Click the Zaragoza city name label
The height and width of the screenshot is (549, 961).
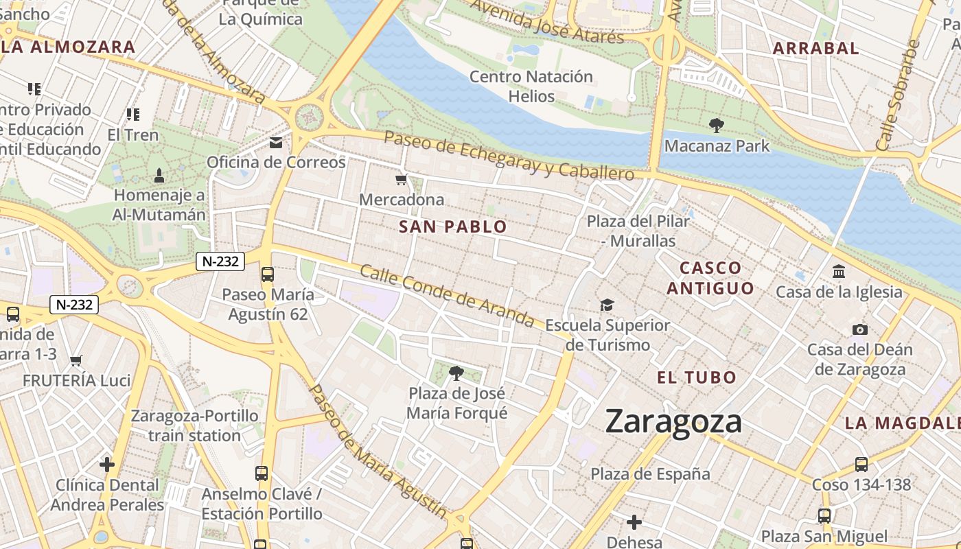point(673,421)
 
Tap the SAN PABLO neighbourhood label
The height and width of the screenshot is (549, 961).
point(453,227)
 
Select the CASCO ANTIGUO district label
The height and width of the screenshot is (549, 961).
point(710,278)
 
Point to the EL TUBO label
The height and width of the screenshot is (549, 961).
point(696,377)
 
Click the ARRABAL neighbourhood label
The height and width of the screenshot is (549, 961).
point(815,49)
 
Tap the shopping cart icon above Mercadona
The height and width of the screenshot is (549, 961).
point(402,180)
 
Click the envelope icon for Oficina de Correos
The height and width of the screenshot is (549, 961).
point(276,143)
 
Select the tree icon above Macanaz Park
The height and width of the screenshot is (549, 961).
point(717,126)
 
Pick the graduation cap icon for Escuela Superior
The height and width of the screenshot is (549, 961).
point(607,305)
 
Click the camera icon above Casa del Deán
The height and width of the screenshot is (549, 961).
point(859,330)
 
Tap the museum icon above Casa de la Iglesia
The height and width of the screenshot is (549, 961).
point(839,272)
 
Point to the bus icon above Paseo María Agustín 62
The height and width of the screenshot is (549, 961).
point(268,274)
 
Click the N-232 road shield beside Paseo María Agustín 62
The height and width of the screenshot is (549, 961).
point(220,261)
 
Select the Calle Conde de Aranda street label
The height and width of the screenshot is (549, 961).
point(447,296)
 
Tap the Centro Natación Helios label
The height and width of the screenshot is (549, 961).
point(531,86)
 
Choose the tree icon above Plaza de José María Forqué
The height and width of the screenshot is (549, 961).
point(456,373)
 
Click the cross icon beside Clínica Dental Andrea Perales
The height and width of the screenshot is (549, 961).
point(107,465)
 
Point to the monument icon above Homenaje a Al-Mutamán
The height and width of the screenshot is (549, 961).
point(159,176)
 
